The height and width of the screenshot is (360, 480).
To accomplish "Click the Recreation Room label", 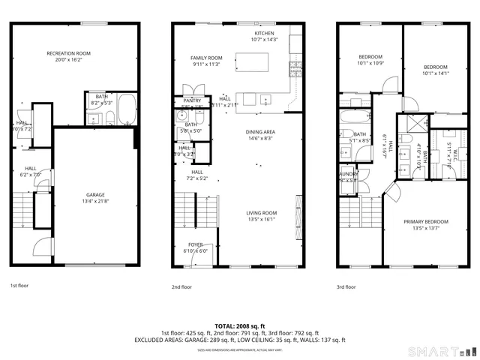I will [68, 53].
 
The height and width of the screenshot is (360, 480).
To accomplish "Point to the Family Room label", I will [205, 58].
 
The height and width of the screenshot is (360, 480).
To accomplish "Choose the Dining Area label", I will [260, 132].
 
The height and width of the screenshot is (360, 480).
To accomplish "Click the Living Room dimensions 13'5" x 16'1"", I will [262, 220].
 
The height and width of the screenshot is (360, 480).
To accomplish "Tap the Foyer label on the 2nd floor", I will [195, 244].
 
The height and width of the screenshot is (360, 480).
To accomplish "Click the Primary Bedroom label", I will [425, 222].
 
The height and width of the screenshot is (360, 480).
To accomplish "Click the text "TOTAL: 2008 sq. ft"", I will [239, 326].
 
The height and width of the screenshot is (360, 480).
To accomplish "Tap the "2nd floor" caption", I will [181, 286].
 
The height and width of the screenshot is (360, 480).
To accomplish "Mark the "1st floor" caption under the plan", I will [19, 286].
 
